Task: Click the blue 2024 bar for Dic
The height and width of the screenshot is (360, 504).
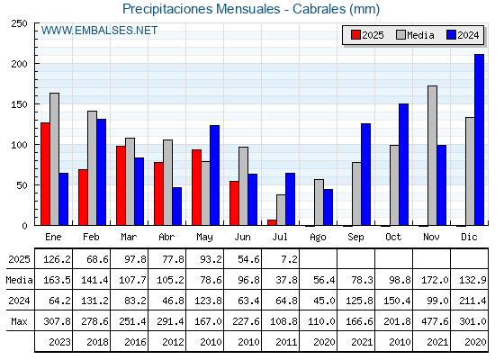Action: pos(479,139)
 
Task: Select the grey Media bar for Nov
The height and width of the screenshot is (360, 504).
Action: pos(432,156)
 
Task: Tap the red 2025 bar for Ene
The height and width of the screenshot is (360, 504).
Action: pos(45,174)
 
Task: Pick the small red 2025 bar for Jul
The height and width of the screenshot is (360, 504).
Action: pos(272,222)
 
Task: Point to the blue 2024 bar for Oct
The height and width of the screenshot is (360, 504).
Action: pos(404,165)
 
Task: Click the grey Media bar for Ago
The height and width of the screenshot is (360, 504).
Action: pos(319,202)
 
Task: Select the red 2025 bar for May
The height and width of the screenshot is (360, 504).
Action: pos(196,187)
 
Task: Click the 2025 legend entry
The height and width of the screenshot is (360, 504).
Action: pos(367,35)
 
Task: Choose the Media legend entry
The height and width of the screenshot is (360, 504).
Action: pos(415,35)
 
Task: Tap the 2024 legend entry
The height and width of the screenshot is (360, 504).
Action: pos(463,35)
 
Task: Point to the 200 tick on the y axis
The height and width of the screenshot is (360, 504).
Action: pos(19,64)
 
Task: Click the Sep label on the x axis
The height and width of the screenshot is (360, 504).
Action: pos(355,238)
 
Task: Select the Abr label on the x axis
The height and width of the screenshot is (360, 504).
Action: pos(166,238)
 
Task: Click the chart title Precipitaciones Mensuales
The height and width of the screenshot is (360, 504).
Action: pos(202,9)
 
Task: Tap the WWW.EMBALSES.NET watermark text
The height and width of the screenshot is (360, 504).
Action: pos(99,31)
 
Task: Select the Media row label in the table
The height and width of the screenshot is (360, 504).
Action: pos(19,280)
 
